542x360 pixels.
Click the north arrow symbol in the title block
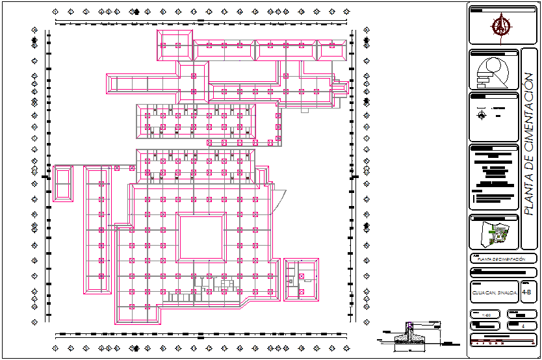point(500,26)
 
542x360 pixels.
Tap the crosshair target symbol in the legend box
point(481,115)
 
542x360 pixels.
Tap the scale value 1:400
point(485,315)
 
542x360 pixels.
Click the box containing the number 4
point(523,326)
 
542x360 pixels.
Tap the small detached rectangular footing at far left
point(63,183)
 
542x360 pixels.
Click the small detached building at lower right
point(302,280)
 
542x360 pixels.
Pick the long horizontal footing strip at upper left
point(143,83)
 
